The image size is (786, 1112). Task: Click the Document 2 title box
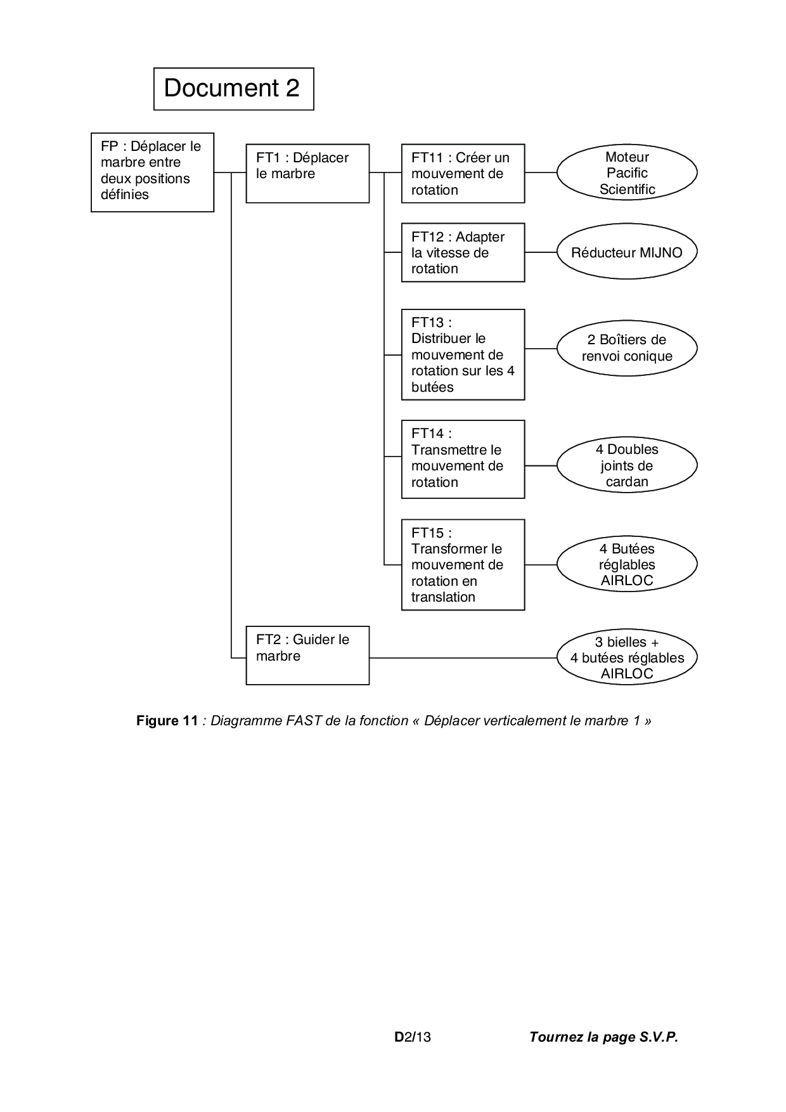[x=233, y=89]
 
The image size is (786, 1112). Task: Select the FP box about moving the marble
[x=152, y=172]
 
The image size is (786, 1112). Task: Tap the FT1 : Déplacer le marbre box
[x=307, y=173]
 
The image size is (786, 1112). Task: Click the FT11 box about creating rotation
[x=463, y=173]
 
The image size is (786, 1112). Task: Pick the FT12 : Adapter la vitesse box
[x=463, y=252]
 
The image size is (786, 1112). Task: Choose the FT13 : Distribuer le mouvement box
[x=463, y=354]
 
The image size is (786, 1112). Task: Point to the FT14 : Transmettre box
[x=463, y=459]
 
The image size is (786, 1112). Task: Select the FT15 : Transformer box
[x=463, y=564]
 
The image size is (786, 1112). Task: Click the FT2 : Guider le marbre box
[x=307, y=656]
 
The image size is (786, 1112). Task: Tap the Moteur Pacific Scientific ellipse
[x=627, y=172]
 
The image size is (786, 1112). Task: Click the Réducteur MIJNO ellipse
[x=627, y=252]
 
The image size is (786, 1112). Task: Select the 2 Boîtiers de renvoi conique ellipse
[x=627, y=348]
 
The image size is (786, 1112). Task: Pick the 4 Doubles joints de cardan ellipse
[x=627, y=465]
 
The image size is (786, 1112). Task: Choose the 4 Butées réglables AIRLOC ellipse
[x=627, y=564]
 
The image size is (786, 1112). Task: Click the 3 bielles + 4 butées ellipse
[x=627, y=657]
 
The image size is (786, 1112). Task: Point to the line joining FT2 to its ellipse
[x=463, y=658]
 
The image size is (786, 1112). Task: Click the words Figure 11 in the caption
[x=167, y=721]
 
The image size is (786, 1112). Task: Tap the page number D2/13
[x=413, y=1037]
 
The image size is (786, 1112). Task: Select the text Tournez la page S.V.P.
[x=603, y=1037]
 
